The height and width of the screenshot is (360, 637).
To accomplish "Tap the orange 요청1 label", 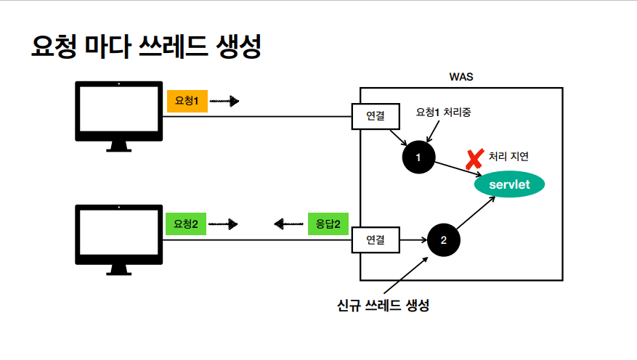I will (x=187, y=102).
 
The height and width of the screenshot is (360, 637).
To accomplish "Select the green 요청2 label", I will (x=186, y=224).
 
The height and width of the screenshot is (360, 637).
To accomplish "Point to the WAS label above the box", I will (x=461, y=77).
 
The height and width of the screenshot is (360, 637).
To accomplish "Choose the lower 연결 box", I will (x=376, y=239).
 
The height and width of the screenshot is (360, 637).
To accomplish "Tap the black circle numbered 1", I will (x=418, y=157).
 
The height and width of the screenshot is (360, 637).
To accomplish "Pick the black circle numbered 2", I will (x=444, y=240).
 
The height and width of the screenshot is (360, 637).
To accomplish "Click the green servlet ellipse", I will (x=509, y=184).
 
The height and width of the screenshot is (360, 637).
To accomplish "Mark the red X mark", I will (x=475, y=158).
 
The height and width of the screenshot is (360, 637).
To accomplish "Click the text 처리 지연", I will (x=509, y=157).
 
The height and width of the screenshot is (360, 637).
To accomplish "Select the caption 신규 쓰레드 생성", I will (x=384, y=305).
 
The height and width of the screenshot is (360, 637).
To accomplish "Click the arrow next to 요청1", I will (x=224, y=102).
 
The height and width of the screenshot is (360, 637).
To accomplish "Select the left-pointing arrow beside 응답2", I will (x=288, y=224).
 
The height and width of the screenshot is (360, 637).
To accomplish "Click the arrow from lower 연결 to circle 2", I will (x=413, y=240).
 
